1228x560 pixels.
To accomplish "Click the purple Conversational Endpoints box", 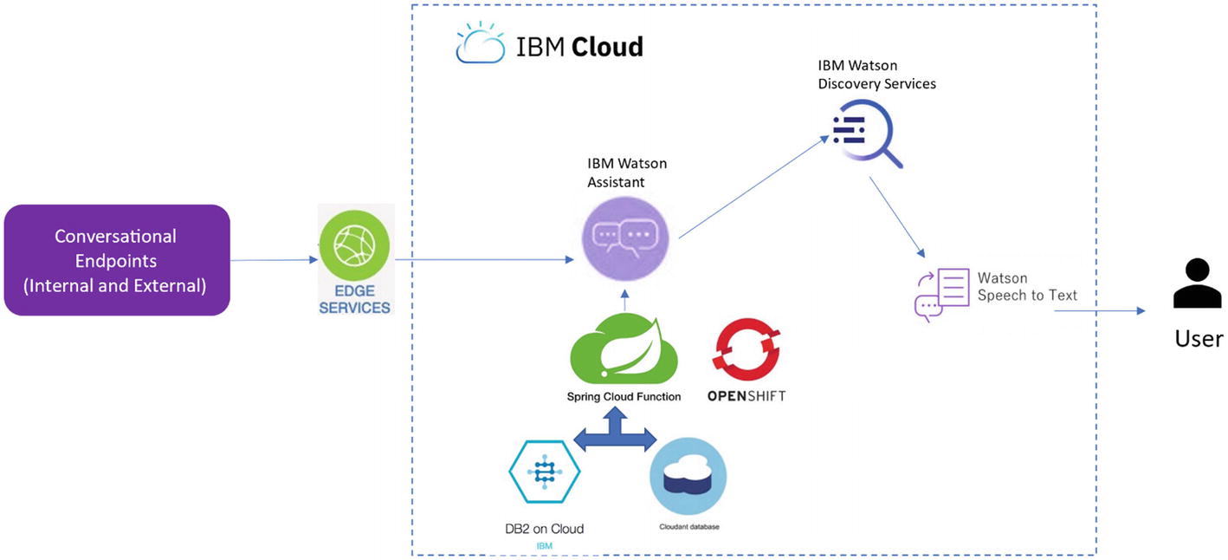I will tap(117, 260).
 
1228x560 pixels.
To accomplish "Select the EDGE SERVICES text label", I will tap(355, 300).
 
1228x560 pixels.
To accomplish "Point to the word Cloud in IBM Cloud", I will tap(606, 47).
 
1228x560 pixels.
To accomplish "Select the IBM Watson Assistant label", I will tap(627, 172).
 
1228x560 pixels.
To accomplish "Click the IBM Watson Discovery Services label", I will tap(876, 75).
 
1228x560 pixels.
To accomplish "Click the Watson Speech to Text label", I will tap(1027, 287).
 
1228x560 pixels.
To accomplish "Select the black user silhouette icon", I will tap(1197, 284).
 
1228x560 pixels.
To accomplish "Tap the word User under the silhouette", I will tap(1199, 338).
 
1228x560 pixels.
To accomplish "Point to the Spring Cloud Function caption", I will tap(624, 397).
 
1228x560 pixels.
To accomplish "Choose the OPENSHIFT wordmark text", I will tap(746, 396).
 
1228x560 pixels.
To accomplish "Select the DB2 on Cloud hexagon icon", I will tap(544, 471).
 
